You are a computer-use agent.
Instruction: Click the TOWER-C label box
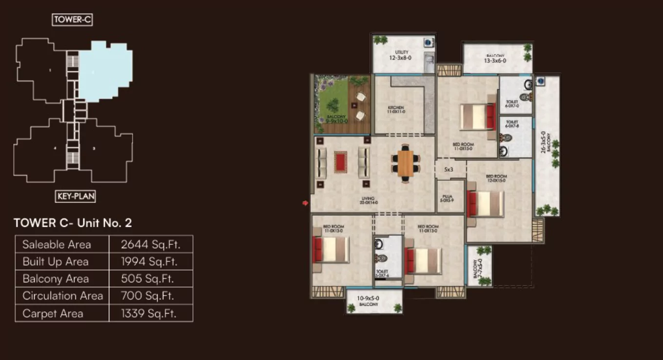(x=72, y=20)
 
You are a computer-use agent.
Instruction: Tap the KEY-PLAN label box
(x=76, y=196)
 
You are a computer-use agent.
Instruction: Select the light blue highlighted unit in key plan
(x=105, y=70)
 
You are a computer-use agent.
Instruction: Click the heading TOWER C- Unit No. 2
(x=73, y=223)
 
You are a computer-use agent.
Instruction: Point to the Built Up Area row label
(x=56, y=261)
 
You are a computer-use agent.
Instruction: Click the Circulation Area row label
(x=62, y=296)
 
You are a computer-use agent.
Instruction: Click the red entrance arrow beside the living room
(x=306, y=203)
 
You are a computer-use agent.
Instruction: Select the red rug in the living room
(x=340, y=161)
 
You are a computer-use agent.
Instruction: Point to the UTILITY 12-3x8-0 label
(x=402, y=55)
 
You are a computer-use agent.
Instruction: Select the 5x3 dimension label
(x=449, y=169)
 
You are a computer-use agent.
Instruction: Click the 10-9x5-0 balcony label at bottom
(x=369, y=300)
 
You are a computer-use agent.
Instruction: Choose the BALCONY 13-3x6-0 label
(x=495, y=59)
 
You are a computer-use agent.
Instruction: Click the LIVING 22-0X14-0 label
(x=368, y=200)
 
